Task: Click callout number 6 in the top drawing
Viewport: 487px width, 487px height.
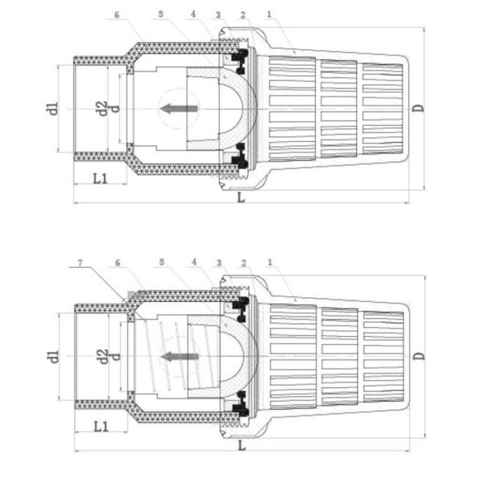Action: click(117, 15)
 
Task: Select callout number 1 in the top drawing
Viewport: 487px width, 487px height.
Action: click(269, 14)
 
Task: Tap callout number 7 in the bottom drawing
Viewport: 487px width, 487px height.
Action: click(80, 263)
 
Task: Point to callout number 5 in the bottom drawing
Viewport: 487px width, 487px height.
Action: click(162, 262)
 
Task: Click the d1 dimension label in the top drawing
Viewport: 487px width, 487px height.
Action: click(54, 109)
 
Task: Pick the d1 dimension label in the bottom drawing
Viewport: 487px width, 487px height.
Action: click(54, 356)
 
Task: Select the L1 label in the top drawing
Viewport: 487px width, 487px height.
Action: click(101, 179)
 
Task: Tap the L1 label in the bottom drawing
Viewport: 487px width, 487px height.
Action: click(101, 426)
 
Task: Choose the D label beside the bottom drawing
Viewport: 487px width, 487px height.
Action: click(419, 356)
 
